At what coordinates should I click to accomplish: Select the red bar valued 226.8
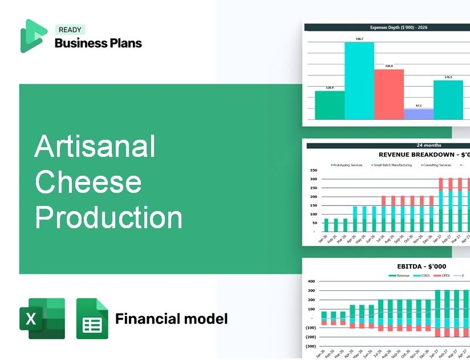coord(388,94)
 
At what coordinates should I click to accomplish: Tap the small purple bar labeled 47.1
coord(418,114)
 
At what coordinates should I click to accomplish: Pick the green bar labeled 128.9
coord(330,105)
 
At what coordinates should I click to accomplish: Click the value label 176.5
coord(448,77)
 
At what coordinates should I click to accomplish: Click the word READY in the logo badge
coord(70,30)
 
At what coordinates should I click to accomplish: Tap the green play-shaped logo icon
coord(33,36)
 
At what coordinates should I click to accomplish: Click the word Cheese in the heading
coord(88,182)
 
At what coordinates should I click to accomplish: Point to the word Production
coord(108,218)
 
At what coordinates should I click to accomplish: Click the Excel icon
coord(42,318)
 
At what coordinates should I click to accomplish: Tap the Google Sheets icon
coord(92,318)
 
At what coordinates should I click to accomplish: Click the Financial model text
coord(171,318)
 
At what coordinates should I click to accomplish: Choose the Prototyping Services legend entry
coord(347,165)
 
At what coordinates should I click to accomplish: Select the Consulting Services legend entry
coord(437,165)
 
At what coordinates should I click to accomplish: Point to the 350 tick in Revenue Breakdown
coord(313,170)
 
